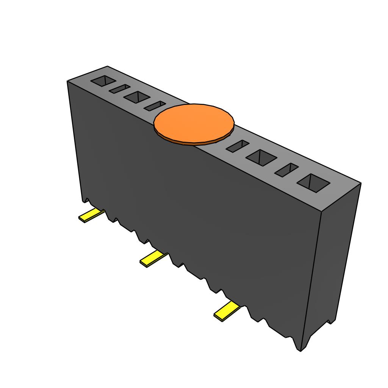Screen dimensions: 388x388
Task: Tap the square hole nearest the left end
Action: tap(103, 81)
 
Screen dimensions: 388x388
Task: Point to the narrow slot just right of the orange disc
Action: tap(238, 146)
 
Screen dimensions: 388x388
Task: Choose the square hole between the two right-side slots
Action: tap(261, 157)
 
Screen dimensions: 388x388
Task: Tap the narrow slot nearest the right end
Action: tap(286, 170)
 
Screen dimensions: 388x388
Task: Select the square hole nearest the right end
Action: tap(313, 183)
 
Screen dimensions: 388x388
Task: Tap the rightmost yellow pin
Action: tap(226, 311)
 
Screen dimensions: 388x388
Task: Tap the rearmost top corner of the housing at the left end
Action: tap(107, 66)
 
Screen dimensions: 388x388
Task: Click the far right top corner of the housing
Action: tap(361, 184)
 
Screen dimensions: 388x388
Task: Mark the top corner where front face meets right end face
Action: tap(321, 211)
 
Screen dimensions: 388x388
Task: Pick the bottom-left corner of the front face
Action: tap(82, 201)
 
